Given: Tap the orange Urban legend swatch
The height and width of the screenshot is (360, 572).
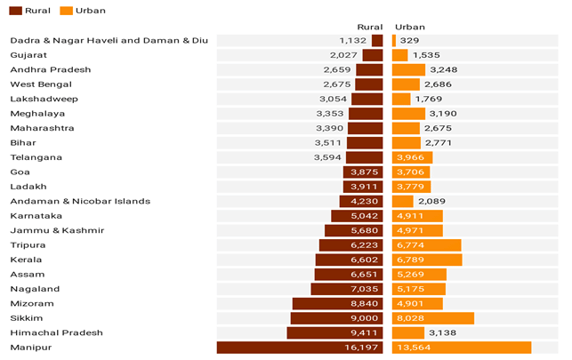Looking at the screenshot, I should (x=68, y=11).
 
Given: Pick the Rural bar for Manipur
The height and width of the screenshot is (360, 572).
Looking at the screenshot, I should (x=299, y=348).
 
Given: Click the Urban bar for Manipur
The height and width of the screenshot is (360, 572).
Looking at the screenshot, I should (x=461, y=348).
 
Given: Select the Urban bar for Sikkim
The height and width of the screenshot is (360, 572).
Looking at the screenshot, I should (x=432, y=318).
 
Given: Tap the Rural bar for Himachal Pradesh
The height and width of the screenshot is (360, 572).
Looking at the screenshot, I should (x=334, y=332).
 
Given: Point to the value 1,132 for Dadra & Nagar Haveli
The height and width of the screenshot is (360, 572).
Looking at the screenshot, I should (x=353, y=40).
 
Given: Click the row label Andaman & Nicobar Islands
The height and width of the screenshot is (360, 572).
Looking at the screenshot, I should (x=80, y=201).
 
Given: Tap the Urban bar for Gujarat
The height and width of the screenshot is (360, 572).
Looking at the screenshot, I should (x=399, y=55).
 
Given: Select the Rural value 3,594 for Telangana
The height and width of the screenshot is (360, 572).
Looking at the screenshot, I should (x=328, y=157).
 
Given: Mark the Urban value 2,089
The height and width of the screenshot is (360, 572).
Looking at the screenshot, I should (x=431, y=201).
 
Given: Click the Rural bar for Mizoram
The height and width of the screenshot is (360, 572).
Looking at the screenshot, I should (x=337, y=303).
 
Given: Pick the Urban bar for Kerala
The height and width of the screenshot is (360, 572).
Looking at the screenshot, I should (x=427, y=260).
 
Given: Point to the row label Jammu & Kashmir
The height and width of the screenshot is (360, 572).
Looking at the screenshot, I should (x=44, y=230).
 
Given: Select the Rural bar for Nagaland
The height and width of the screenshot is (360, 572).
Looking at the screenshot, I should (x=346, y=289).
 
